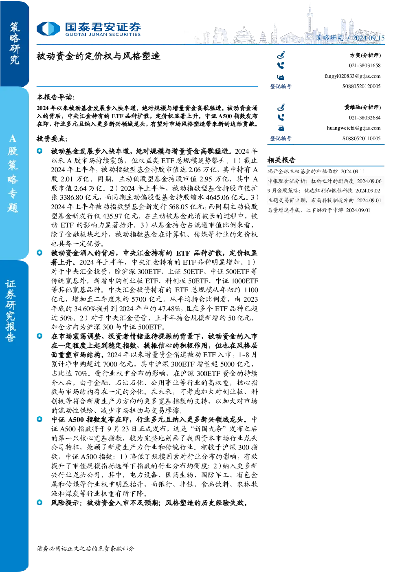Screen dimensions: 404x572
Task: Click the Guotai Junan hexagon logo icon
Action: (48, 29)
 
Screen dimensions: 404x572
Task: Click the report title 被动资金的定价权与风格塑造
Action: (99, 56)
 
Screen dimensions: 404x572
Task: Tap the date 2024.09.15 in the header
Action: (369, 38)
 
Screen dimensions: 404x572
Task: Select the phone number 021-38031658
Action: (364, 66)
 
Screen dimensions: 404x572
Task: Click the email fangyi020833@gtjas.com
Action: (352, 76)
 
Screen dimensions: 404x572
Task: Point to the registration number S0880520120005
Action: (361, 86)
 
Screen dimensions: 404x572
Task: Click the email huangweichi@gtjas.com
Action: (354, 128)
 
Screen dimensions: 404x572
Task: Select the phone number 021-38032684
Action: (364, 118)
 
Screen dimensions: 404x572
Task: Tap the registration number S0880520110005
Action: (361, 138)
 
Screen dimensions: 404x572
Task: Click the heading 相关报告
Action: (281, 160)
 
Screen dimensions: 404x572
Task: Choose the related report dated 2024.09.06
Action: (325, 181)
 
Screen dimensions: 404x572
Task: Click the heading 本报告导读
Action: (56, 97)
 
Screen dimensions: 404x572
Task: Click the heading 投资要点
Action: (52, 139)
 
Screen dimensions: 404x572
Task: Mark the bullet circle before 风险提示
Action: (40, 503)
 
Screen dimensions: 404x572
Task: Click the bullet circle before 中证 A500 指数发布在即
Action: (40, 419)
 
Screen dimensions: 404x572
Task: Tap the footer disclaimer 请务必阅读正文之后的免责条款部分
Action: (85, 548)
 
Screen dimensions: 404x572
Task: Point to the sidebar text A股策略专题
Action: (13, 174)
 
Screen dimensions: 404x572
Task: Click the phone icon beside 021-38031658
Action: (281, 66)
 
